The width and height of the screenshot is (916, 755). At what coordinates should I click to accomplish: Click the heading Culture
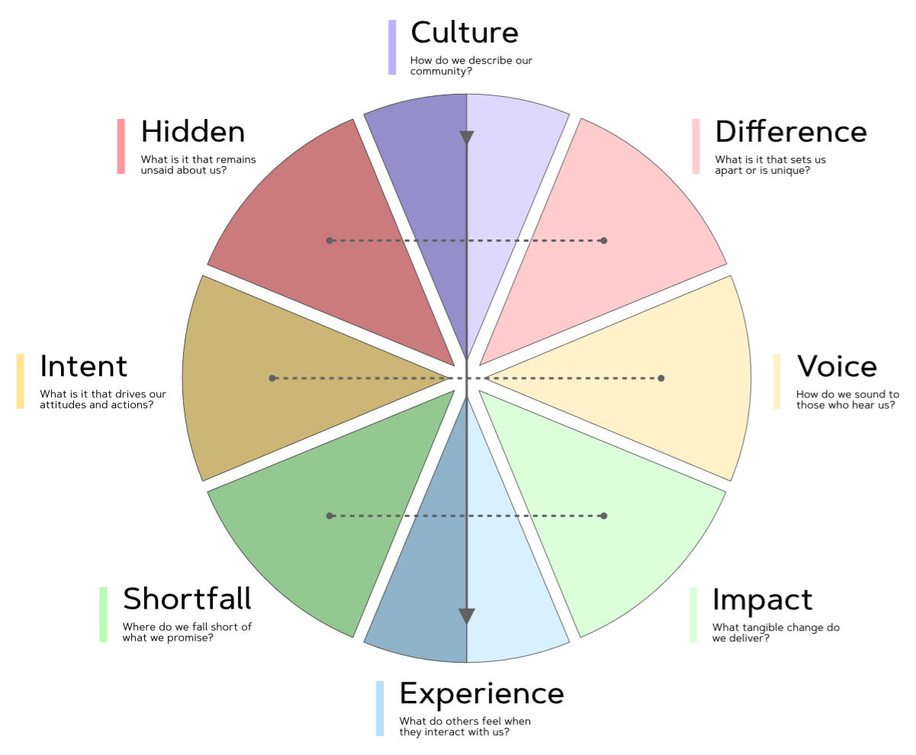click(464, 33)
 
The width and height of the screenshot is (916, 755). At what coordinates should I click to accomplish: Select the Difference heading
click(790, 132)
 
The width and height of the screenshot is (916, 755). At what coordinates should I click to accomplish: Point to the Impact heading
click(762, 600)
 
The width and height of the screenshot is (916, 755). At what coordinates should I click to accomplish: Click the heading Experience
click(481, 693)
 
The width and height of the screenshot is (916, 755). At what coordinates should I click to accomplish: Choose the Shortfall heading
click(187, 599)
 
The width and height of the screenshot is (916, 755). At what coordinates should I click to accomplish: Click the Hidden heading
click(193, 132)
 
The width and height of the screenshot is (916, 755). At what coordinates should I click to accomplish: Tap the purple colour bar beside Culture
click(392, 47)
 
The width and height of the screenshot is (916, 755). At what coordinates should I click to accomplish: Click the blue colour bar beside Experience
click(380, 708)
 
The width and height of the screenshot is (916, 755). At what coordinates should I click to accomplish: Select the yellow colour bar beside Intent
click(20, 381)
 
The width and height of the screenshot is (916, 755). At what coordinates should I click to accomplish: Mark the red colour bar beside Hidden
click(121, 146)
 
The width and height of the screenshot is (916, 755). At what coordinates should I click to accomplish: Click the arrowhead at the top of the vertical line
click(467, 138)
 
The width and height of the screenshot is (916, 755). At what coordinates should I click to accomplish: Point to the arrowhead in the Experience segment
click(467, 616)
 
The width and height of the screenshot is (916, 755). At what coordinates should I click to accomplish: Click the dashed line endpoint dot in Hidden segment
click(329, 240)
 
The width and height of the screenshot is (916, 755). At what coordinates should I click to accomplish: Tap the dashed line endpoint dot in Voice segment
click(661, 378)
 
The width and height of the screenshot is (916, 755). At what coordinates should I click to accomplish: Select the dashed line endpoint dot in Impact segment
click(604, 516)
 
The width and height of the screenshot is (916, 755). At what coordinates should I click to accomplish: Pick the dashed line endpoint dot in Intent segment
click(272, 378)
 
